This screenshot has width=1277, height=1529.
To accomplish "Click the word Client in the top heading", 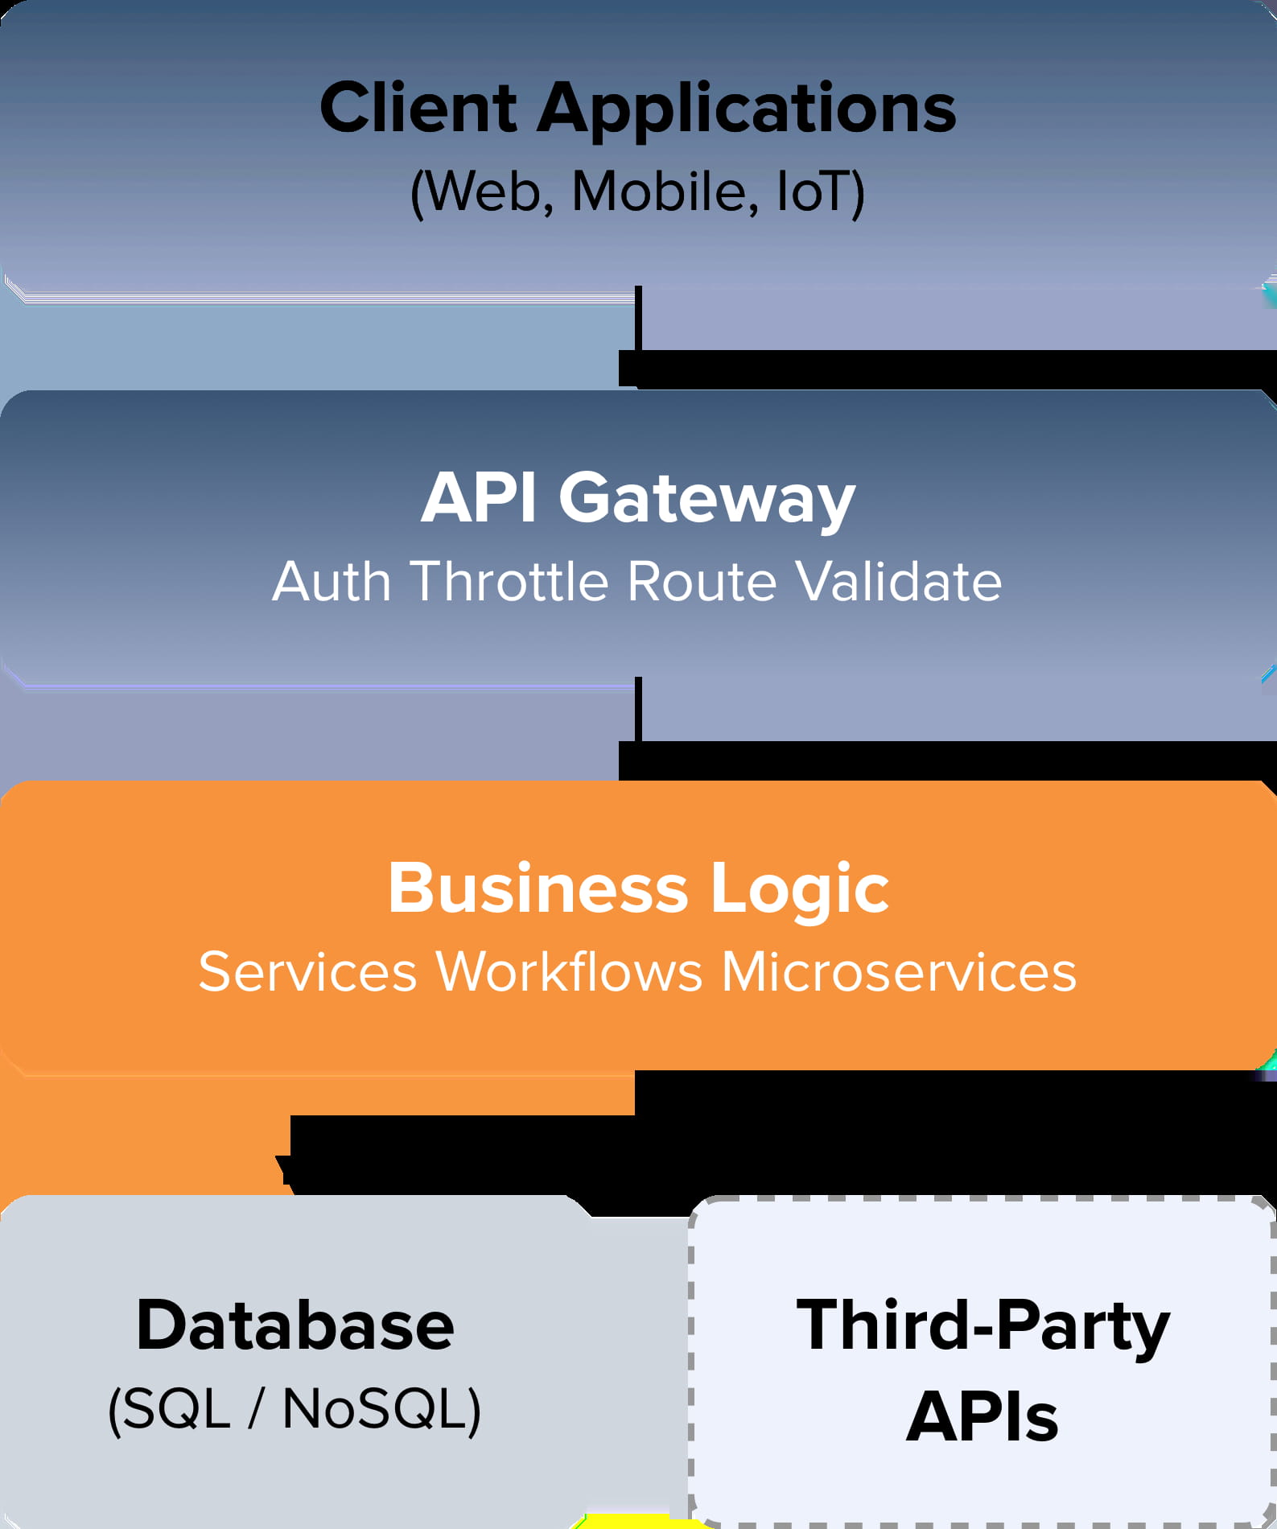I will pyautogui.click(x=418, y=108).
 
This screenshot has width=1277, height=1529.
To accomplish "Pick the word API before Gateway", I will pyautogui.click(x=479, y=497).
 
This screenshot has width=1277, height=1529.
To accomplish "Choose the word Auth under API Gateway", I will pyautogui.click(x=332, y=581).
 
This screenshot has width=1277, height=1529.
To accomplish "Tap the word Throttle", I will pyautogui.click(x=509, y=581).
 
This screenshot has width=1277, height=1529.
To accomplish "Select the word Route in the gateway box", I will pyautogui.click(x=701, y=581).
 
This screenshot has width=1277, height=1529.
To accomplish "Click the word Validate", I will pyautogui.click(x=898, y=581).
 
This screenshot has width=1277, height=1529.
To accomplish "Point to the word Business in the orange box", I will pyautogui.click(x=538, y=888).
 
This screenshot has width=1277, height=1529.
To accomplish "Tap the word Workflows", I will pyautogui.click(x=569, y=971).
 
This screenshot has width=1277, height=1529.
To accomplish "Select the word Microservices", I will pyautogui.click(x=898, y=971).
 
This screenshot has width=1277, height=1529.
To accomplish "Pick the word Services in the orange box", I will pyautogui.click(x=307, y=971).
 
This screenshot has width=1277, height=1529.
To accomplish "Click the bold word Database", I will pyautogui.click(x=295, y=1325).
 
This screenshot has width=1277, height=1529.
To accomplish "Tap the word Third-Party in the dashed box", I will pyautogui.click(x=982, y=1325).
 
